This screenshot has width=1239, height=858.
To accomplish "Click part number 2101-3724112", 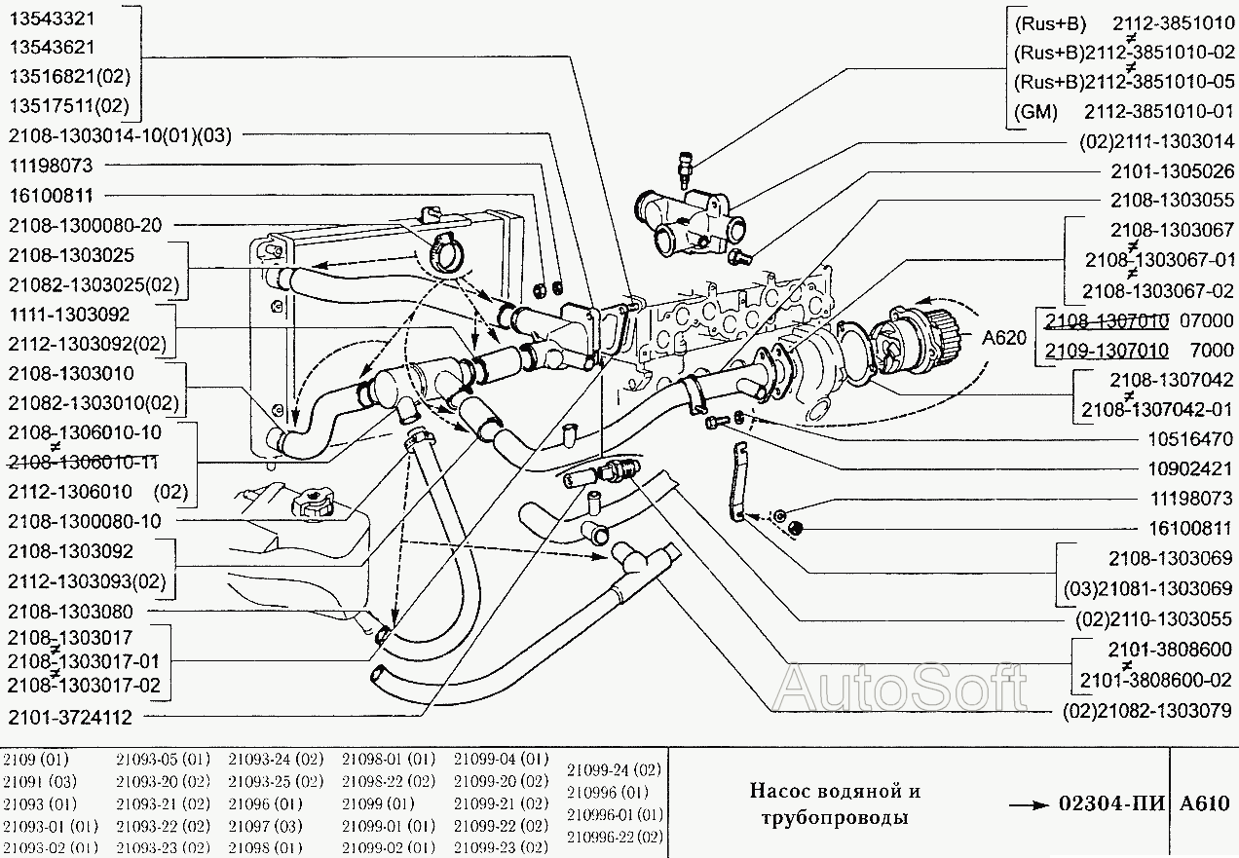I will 70,717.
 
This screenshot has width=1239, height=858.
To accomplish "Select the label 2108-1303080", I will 70,612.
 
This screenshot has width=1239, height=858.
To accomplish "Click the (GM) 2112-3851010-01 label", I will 1124,111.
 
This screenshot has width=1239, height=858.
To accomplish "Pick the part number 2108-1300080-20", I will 85,225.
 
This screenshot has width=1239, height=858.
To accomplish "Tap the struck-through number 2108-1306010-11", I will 85,461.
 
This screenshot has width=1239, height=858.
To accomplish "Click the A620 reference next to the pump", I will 1004,338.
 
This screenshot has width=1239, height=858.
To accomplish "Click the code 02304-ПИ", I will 1109,804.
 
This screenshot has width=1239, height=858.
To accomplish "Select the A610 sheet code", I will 1204,804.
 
